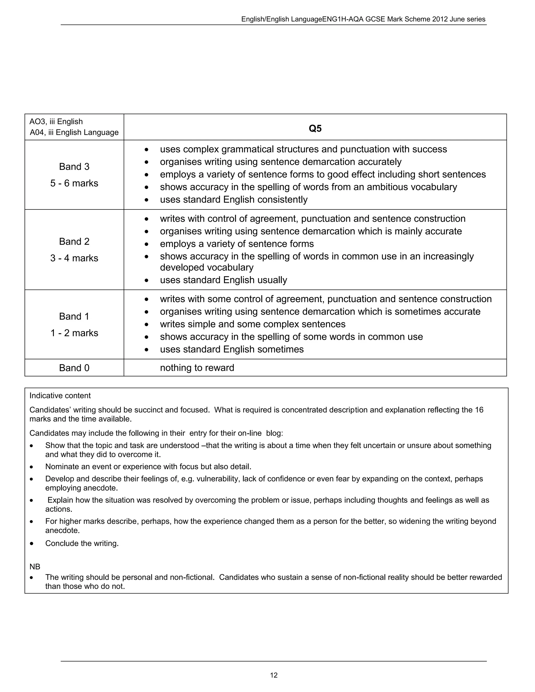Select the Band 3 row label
pyautogui.click(x=74, y=167)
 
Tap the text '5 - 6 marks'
pyautogui.click(x=74, y=183)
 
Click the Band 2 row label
pyautogui.click(x=74, y=242)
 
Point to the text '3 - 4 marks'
pyautogui.click(x=74, y=258)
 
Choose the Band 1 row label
pyautogui.click(x=74, y=316)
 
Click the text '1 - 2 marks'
pyautogui.click(x=74, y=333)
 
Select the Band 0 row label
pyautogui.click(x=74, y=368)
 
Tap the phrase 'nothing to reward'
pyautogui.click(x=197, y=368)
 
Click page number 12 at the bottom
pyautogui.click(x=274, y=675)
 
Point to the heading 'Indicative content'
pyautogui.click(x=60, y=395)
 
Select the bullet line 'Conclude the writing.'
pyautogui.click(x=82, y=543)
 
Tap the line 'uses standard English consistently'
pyautogui.click(x=234, y=200)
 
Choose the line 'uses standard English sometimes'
pyautogui.click(x=232, y=349)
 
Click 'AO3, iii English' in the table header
pyautogui.click(x=56, y=122)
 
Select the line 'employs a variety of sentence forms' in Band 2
pyautogui.click(x=237, y=244)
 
